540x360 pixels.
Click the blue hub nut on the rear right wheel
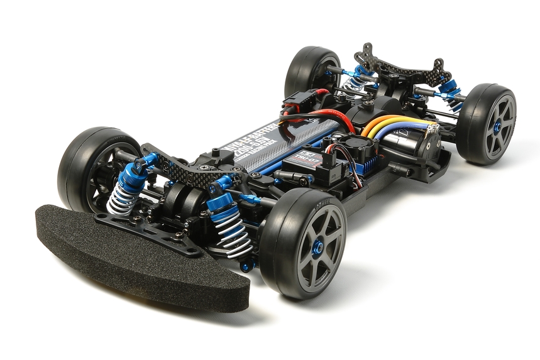(497, 127)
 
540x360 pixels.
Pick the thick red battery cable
(321, 117)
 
